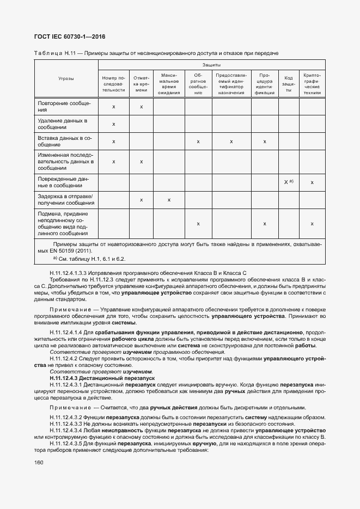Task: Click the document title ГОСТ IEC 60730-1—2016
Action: [70, 37]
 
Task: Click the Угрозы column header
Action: [66, 78]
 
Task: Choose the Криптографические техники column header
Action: [312, 83]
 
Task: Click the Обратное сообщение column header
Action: [198, 83]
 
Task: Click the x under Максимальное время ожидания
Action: [169, 200]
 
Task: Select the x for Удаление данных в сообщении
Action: [113, 124]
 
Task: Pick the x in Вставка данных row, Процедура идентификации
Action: [265, 142]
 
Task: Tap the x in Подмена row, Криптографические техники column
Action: [312, 224]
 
